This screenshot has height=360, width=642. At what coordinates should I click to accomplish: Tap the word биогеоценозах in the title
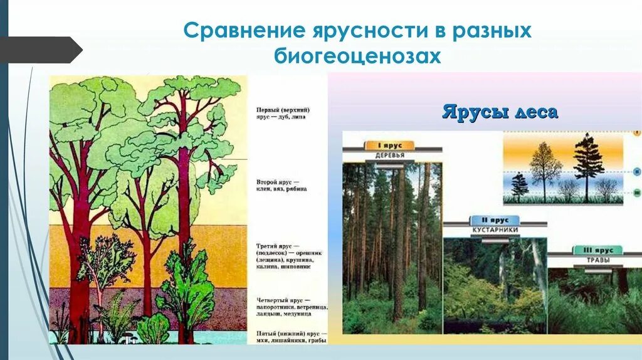pos(358,56)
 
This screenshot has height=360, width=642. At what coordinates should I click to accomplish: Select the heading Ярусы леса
pos(500,113)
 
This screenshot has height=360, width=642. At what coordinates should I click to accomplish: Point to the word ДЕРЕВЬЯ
pos(389,156)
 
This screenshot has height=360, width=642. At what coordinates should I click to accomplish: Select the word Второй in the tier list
pos(268,181)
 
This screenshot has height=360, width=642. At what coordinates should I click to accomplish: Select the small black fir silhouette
pos(519,187)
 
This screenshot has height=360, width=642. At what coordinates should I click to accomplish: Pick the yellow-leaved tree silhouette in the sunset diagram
pos(545,168)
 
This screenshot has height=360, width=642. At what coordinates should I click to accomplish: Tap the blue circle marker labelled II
pos(636,170)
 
